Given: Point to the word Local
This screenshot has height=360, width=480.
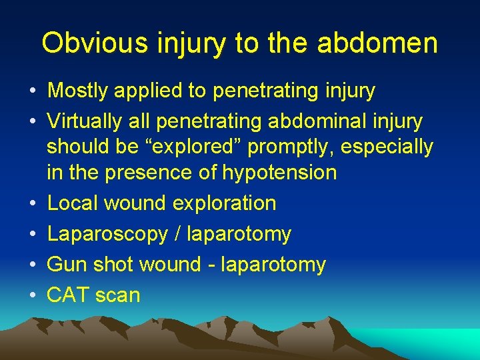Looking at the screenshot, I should pos(71,203).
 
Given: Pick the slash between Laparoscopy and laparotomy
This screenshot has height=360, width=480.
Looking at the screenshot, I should pos(177,234).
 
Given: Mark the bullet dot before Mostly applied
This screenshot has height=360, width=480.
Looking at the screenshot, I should pos(33,91).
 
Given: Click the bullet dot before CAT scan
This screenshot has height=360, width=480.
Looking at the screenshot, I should pos(33,295).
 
